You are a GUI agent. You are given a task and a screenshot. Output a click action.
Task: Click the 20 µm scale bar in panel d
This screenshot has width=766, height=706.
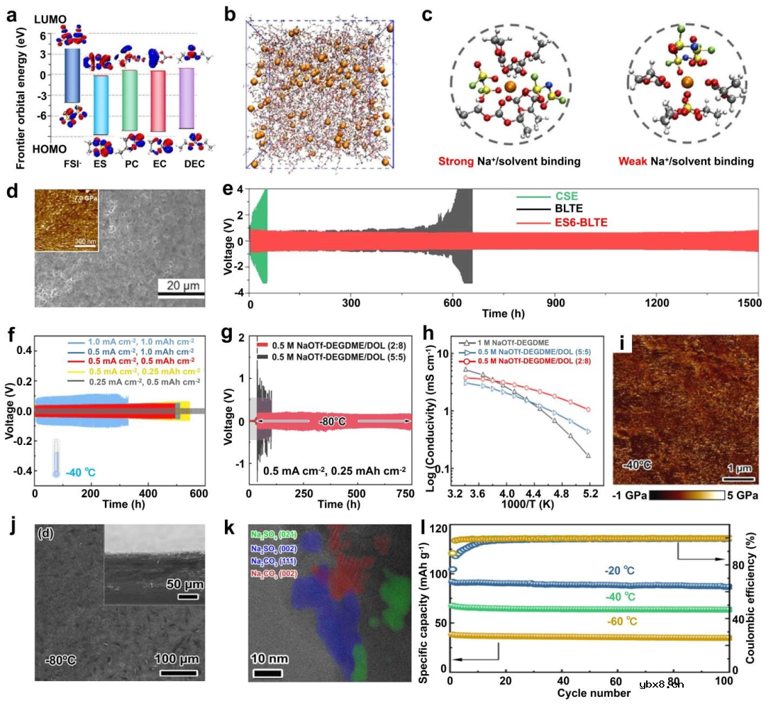tap(181, 293)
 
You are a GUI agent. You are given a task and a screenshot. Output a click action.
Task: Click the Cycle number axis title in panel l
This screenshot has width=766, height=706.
tap(592, 693)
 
